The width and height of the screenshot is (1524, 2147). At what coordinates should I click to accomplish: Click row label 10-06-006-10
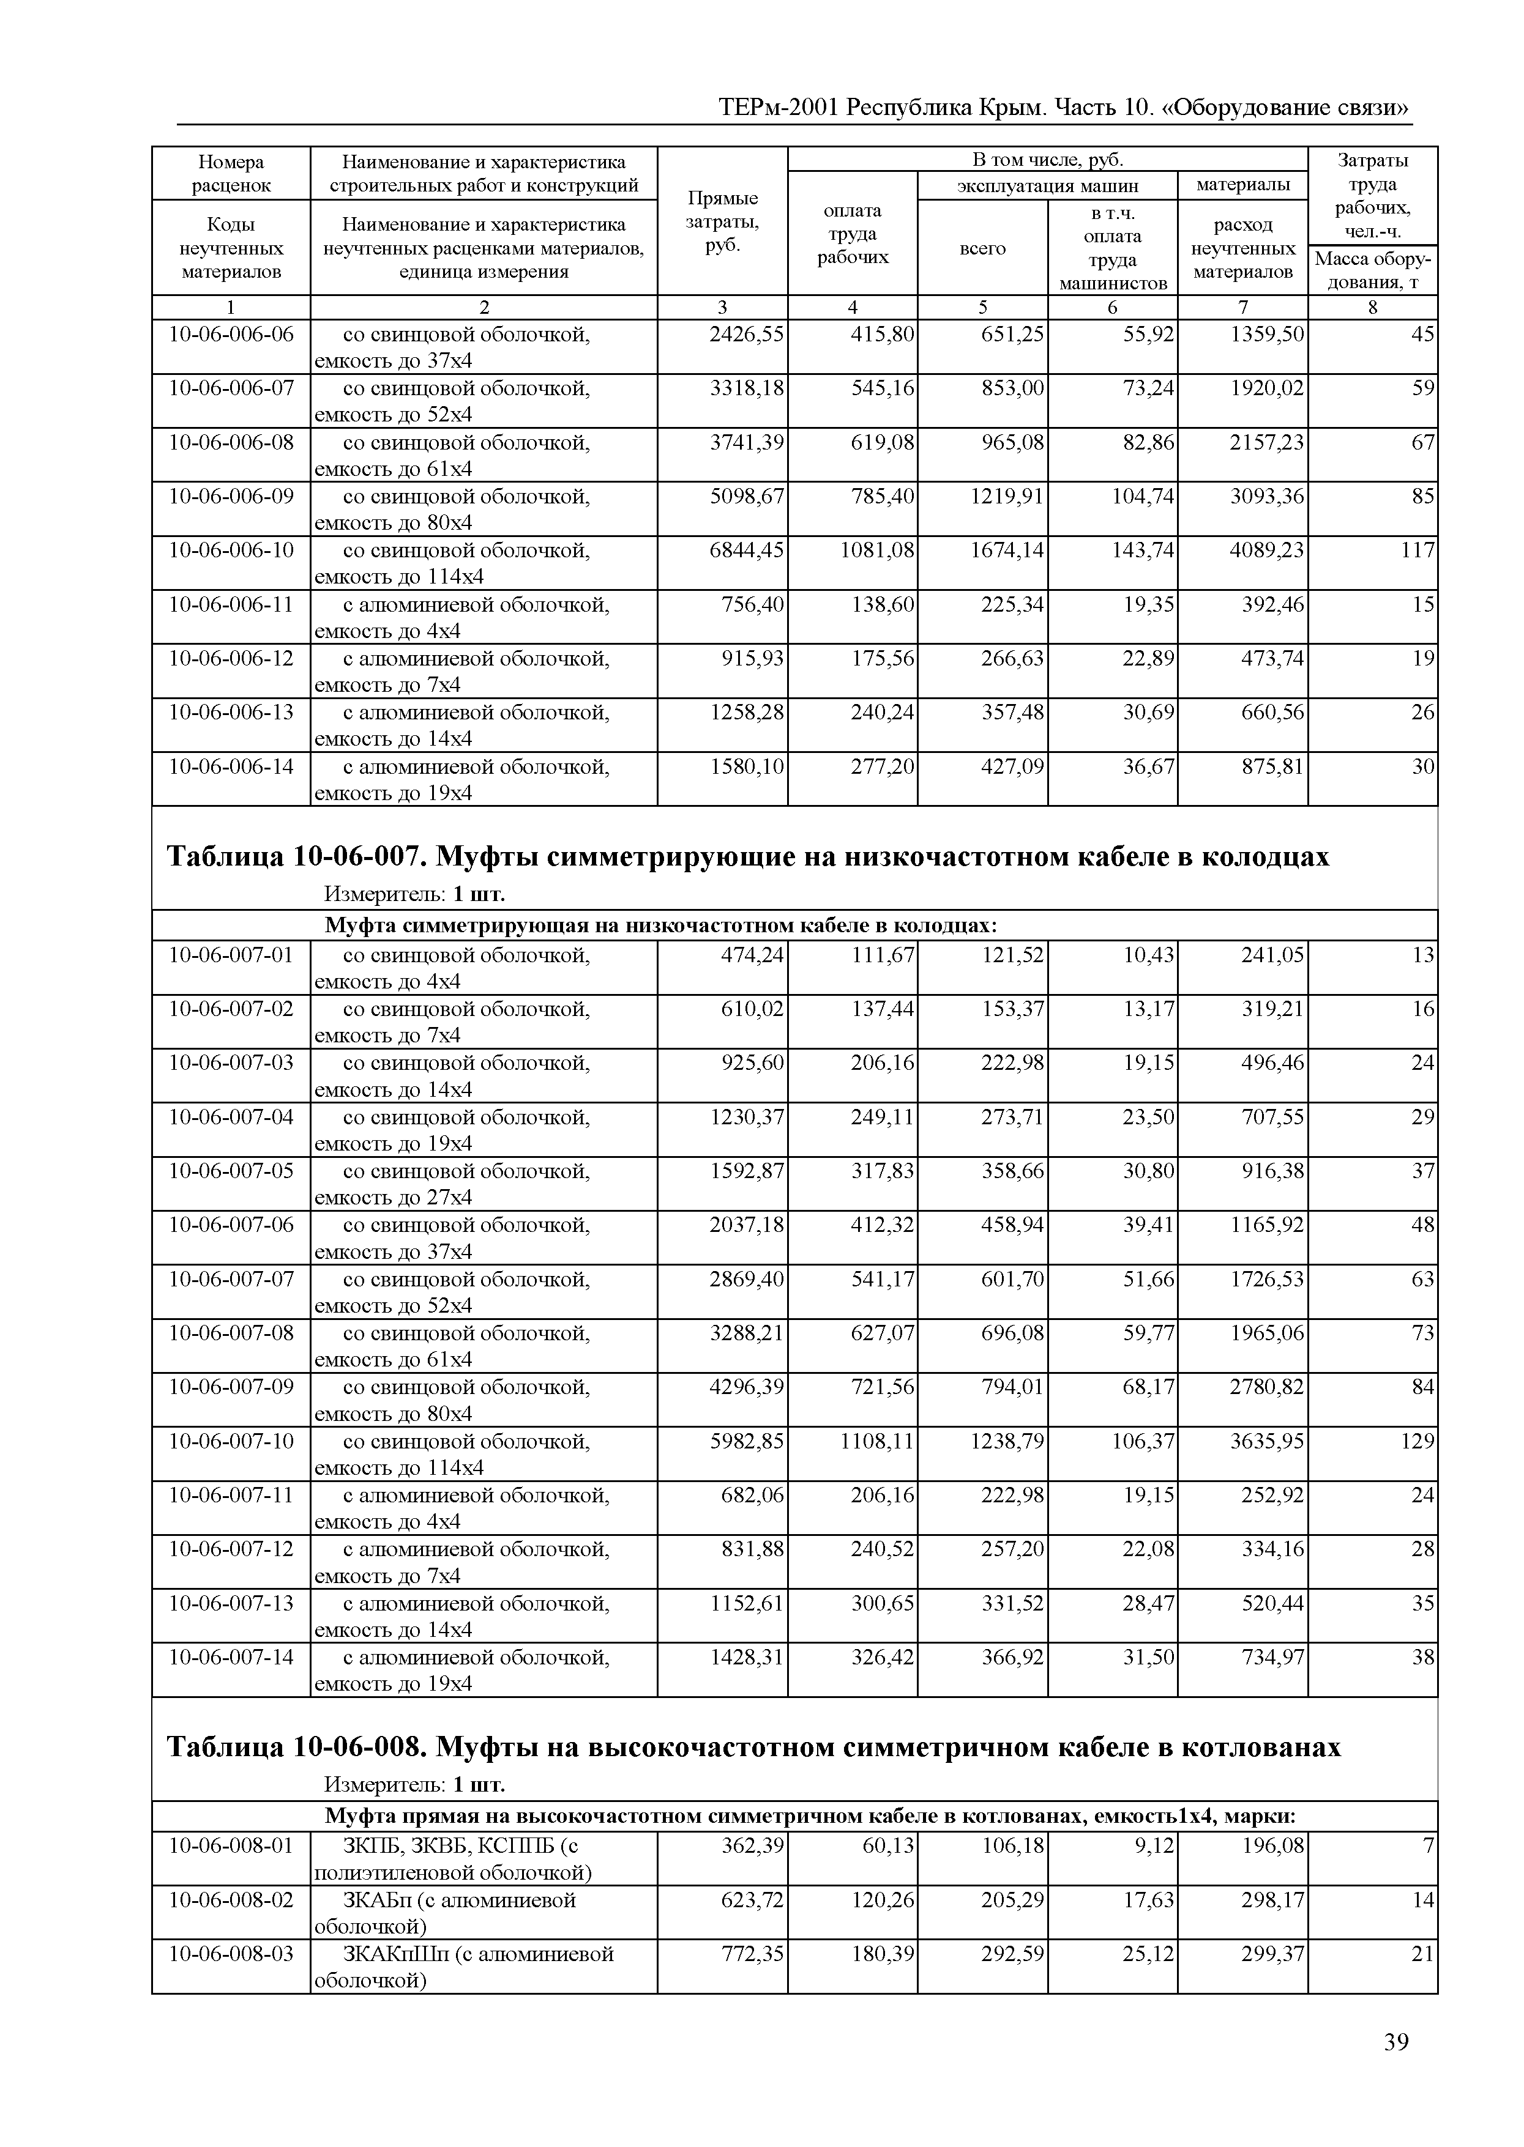pyautogui.click(x=231, y=550)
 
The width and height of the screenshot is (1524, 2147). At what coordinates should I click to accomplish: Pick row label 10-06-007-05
pyautogui.click(x=231, y=1171)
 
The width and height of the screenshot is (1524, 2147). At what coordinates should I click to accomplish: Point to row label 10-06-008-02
pyautogui.click(x=231, y=1899)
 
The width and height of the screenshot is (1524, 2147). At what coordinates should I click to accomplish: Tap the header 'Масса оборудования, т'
pyautogui.click(x=1372, y=271)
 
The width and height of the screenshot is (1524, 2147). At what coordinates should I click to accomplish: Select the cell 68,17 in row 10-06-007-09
pyautogui.click(x=1148, y=1386)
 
